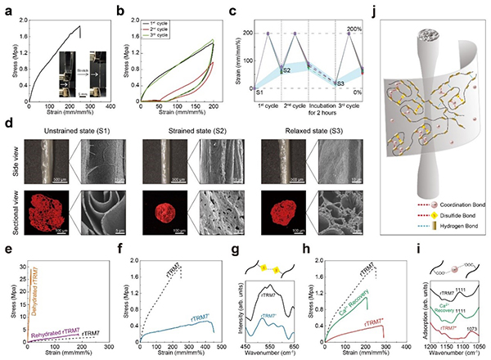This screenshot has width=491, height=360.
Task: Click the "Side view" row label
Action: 12,166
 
